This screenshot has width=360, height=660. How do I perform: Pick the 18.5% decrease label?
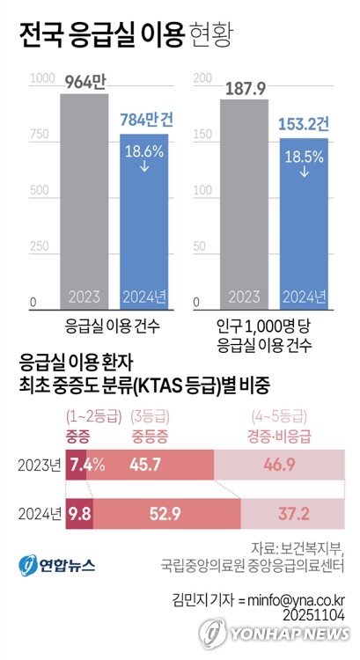[304, 158]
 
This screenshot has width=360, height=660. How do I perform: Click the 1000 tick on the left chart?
[40, 79]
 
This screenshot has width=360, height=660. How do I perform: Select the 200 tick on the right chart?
[201, 79]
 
